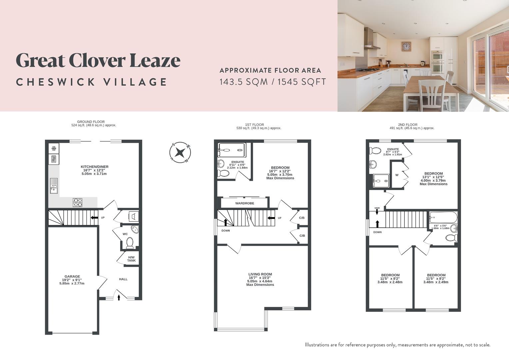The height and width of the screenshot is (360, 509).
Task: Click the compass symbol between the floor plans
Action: pyautogui.click(x=180, y=153)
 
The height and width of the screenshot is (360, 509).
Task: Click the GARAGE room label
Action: pyautogui.click(x=72, y=276)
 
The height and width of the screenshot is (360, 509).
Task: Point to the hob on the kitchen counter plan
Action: pyautogui.click(x=78, y=202)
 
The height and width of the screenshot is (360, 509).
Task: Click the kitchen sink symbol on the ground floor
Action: pyautogui.click(x=54, y=186)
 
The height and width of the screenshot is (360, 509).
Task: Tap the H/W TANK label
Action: pyautogui.click(x=131, y=259)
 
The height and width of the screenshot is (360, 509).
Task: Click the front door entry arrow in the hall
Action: pyautogui.click(x=119, y=297)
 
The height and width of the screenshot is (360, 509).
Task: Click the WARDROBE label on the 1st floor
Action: pyautogui.click(x=245, y=203)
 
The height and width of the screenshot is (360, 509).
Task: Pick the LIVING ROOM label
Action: pyautogui.click(x=260, y=274)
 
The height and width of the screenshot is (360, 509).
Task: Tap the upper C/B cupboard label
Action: pyautogui.click(x=302, y=218)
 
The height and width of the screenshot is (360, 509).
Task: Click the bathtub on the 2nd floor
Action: pyautogui.click(x=443, y=218)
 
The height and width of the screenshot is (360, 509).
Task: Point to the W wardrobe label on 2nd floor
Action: pyautogui.click(x=397, y=175)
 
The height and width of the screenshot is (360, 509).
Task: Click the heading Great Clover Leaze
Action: pyautogui.click(x=98, y=60)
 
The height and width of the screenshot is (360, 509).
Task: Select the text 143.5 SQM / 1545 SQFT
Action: pyautogui.click(x=272, y=82)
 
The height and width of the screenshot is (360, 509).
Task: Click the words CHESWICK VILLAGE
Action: pyautogui.click(x=92, y=82)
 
